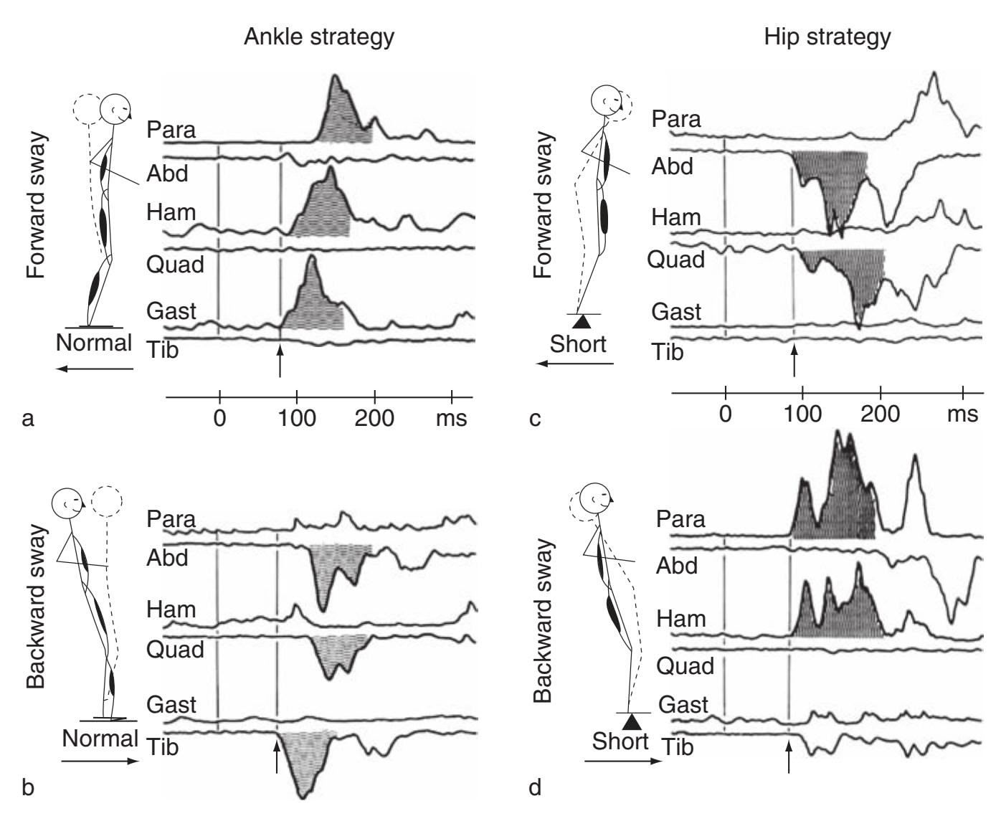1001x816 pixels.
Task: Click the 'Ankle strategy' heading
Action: (x=318, y=37)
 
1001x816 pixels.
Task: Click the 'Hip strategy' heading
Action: (x=827, y=37)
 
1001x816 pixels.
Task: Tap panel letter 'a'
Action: (x=28, y=418)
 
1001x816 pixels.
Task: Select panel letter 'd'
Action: (x=534, y=788)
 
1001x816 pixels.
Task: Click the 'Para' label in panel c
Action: (x=675, y=119)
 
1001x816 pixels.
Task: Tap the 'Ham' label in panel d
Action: (x=681, y=617)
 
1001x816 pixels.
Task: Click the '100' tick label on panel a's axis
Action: (x=296, y=417)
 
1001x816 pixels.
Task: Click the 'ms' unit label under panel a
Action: (x=451, y=417)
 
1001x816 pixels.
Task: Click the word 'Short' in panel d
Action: (x=620, y=740)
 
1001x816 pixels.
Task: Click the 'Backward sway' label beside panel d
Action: (x=543, y=620)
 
